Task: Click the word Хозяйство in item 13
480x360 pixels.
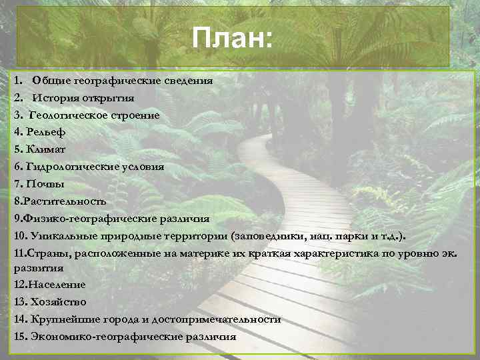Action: coord(59,302)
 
